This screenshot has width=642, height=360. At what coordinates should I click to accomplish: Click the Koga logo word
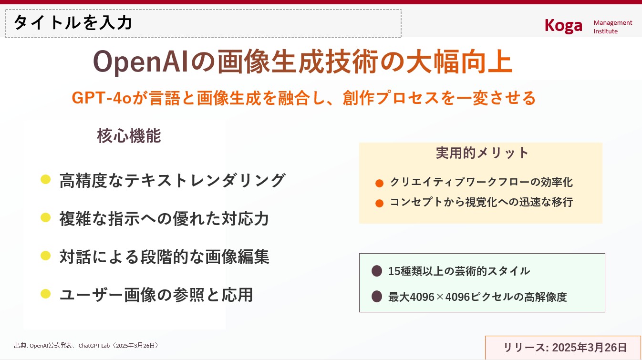563,26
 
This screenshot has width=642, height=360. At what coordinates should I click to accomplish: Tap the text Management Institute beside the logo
613,27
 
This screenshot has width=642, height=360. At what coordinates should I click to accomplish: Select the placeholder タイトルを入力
73,22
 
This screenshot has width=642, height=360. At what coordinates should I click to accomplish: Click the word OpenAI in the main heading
141,62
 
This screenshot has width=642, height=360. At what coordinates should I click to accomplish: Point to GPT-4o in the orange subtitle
102,98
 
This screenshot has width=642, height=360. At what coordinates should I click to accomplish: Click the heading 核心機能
129,135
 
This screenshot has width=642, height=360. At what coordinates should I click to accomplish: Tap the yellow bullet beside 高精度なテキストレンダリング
46,179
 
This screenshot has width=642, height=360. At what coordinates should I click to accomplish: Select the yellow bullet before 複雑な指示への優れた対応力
46,217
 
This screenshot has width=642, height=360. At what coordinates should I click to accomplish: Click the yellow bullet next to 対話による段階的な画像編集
46,256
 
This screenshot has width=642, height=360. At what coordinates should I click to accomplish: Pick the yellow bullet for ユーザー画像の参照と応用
46,294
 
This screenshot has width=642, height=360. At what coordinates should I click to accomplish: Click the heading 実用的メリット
482,153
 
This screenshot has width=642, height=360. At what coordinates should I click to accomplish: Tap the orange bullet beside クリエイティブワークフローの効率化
379,183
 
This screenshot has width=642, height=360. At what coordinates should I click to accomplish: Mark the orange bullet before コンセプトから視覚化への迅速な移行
379,203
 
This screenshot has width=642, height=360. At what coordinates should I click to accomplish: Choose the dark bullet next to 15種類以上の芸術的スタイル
377,271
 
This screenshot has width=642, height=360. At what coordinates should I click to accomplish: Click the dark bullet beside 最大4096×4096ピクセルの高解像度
377,297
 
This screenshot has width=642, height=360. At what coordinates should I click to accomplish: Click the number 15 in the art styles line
394,271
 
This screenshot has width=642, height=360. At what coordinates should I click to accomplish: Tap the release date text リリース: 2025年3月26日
565,348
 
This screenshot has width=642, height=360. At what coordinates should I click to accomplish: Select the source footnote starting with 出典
86,345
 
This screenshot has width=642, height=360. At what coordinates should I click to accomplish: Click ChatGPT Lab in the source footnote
94,346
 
